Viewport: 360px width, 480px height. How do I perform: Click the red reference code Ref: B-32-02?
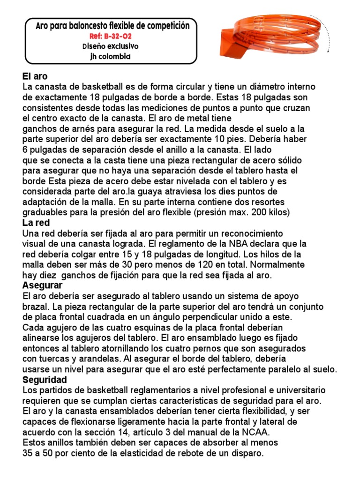(110, 36)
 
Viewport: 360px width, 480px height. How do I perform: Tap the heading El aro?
(35, 76)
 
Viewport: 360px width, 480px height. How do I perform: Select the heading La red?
(36, 223)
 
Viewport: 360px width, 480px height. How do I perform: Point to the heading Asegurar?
(43, 285)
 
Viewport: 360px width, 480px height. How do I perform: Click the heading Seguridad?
(45, 380)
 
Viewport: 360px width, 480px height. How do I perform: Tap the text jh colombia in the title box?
(110, 57)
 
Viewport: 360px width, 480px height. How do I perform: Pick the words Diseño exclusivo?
(110, 46)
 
